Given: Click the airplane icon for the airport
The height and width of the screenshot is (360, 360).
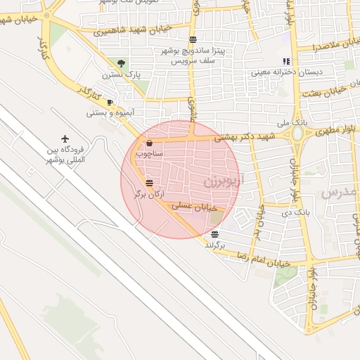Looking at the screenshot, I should [65, 139].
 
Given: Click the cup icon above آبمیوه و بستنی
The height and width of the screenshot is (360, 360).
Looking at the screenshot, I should [110, 102].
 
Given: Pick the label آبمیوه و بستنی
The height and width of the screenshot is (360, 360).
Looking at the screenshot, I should [110, 112].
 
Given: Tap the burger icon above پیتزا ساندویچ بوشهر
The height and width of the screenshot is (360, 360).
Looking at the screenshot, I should [193, 39].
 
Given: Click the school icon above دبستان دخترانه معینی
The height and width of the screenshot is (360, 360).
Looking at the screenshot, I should [285, 61].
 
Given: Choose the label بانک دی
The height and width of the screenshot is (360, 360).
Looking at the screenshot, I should [295, 211].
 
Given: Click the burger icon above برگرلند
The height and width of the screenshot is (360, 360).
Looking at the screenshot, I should [214, 234].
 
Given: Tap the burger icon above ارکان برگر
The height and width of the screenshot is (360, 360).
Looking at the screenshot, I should [149, 184].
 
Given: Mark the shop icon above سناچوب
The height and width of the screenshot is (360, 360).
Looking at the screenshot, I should [149, 143].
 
